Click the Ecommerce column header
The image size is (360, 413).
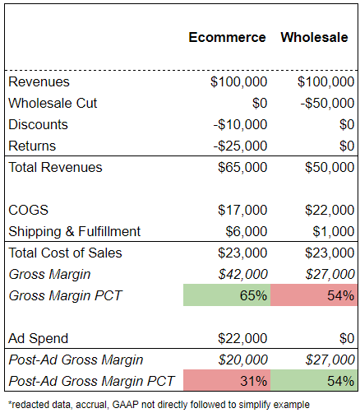227,37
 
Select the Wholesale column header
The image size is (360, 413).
314,37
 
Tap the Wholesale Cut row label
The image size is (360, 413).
53,103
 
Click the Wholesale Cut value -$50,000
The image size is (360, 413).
327,103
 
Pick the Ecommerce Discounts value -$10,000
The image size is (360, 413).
240,124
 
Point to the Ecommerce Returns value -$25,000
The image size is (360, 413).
240,146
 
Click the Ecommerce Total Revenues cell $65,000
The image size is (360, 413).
242,167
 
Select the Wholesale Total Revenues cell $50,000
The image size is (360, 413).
330,167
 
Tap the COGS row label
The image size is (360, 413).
29,210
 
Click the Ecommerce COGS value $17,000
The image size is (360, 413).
242,210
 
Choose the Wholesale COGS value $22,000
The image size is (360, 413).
330,210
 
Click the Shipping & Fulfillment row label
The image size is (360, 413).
74,231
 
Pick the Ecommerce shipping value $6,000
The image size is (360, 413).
247,231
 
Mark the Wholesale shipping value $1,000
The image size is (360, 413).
334,231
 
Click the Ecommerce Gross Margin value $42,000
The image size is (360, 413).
242,274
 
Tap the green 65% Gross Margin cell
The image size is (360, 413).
227,295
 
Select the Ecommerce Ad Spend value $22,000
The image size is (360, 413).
242,338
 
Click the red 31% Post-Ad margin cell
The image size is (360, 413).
227,380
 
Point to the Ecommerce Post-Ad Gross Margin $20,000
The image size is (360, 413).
242,360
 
